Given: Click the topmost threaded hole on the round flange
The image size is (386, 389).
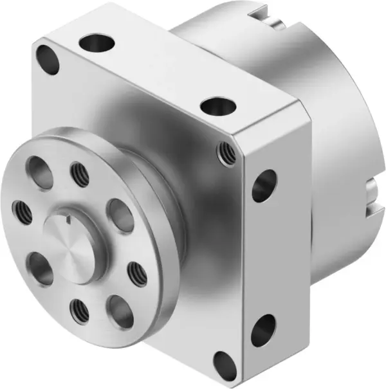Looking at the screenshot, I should click(x=80, y=175).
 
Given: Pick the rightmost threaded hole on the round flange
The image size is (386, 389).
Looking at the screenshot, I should click(x=136, y=275).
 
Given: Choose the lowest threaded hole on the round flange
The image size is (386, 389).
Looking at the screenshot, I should click(x=80, y=311).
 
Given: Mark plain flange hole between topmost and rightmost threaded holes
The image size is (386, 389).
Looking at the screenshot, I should click(x=120, y=213).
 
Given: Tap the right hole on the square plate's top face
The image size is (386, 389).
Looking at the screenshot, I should click(x=219, y=105).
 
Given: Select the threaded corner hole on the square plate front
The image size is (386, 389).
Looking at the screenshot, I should click(x=226, y=153).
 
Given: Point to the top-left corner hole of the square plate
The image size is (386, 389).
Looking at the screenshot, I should click(x=48, y=59).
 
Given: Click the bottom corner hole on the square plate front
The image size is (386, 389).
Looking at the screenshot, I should click(x=225, y=365).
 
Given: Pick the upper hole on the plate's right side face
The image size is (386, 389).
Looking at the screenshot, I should click(x=264, y=186).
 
